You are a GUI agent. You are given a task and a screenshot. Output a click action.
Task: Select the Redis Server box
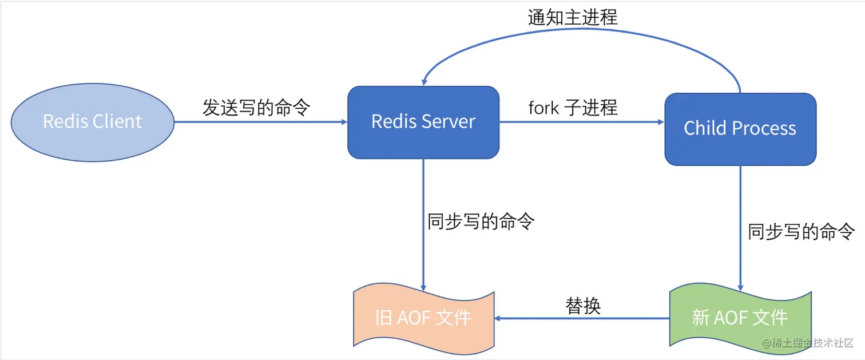(x=423, y=122)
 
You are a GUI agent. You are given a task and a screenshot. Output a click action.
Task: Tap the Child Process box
(x=740, y=129)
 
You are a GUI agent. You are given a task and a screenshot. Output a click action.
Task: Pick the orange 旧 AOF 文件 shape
(x=423, y=318)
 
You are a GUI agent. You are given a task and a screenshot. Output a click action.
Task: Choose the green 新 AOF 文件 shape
(x=740, y=318)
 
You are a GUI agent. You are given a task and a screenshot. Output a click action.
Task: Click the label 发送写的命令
(x=256, y=107)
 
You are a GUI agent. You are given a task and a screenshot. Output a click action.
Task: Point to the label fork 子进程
(x=573, y=107)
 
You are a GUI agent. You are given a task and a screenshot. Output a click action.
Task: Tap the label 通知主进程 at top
(x=573, y=17)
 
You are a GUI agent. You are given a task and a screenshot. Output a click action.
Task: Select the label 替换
(x=583, y=306)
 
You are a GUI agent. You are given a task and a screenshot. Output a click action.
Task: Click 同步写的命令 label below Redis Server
(x=481, y=221)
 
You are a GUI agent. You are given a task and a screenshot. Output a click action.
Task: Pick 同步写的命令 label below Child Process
(x=801, y=232)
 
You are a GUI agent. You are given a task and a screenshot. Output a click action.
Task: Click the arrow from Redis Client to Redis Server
(x=260, y=122)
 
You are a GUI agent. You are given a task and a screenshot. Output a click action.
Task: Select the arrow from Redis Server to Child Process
(x=581, y=122)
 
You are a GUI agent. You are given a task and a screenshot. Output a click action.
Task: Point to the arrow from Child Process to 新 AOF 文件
(x=740, y=240)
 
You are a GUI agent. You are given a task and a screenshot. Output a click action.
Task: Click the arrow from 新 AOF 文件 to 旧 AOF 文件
(x=582, y=318)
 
